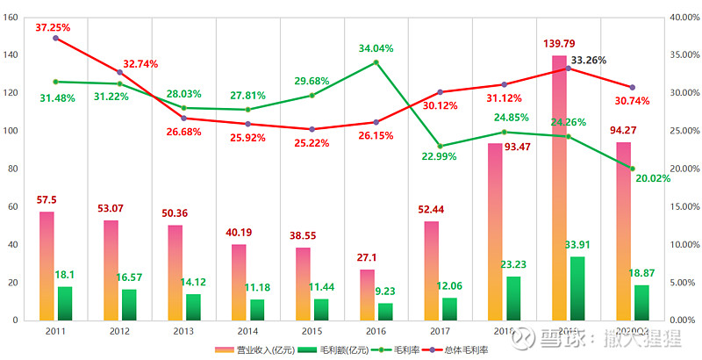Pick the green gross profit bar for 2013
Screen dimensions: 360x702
pyautogui.click(x=193, y=307)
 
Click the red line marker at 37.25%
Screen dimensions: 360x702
pyautogui.click(x=55, y=38)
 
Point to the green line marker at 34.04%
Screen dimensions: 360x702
pyautogui.click(x=376, y=62)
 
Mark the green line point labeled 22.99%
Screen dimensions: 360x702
pyautogui.click(x=440, y=146)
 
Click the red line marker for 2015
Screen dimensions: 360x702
pyautogui.click(x=312, y=129)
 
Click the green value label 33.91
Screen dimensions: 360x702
pyautogui.click(x=577, y=246)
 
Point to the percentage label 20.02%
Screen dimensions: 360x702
pyautogui.click(x=652, y=178)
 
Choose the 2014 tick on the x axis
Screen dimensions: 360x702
pyautogui.click(x=247, y=331)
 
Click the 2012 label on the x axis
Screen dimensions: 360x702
pyautogui.click(x=120, y=331)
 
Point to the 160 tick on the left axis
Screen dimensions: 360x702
pyautogui.click(x=11, y=17)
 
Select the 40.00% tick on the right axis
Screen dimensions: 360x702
pyautogui.click(x=684, y=17)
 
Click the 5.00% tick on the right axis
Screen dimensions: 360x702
pyautogui.click(x=684, y=282)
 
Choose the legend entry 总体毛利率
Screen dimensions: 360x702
pyautogui.click(x=461, y=350)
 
